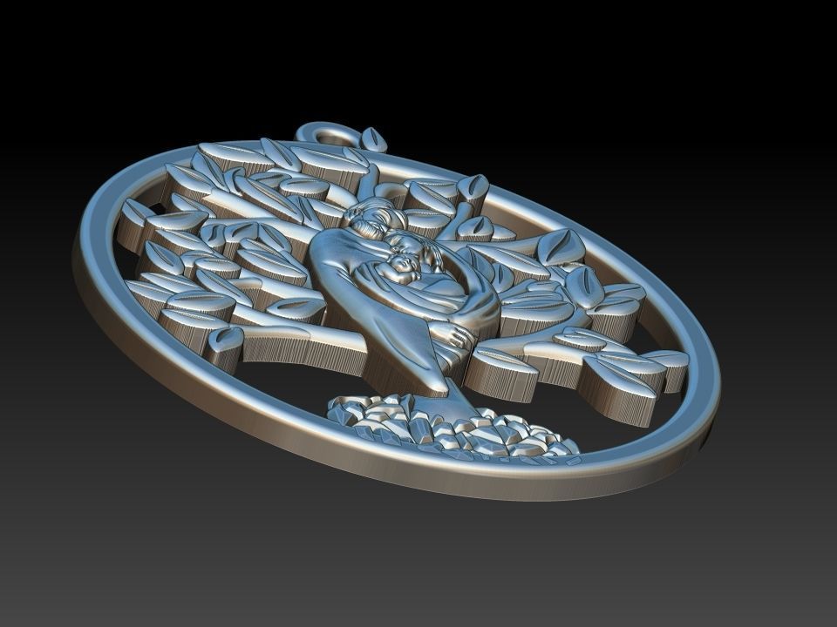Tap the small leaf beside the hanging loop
tap(374, 139)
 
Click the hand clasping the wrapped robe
tap(454, 334)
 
